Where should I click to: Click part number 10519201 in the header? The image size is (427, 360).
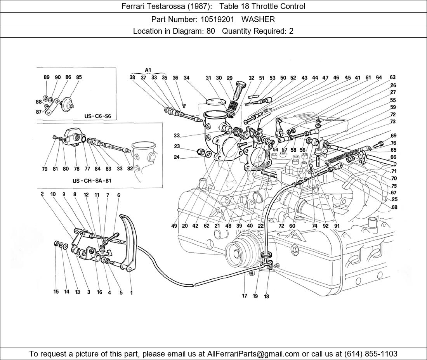(x=214, y=19)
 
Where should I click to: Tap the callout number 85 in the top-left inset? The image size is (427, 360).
(x=79, y=77)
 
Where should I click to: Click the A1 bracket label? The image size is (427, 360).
(x=148, y=70)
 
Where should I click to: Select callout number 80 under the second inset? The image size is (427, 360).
(x=66, y=169)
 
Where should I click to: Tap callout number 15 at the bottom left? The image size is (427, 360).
(x=56, y=292)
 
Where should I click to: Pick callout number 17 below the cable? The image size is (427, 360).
(x=245, y=296)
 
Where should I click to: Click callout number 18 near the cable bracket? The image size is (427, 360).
(x=266, y=297)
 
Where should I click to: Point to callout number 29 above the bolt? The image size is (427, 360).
(x=229, y=78)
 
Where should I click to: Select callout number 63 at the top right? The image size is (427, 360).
(x=392, y=78)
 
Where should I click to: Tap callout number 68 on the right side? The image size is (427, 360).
(x=394, y=207)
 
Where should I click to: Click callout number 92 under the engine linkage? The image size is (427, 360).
(x=325, y=226)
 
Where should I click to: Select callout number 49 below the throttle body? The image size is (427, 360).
(x=174, y=226)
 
